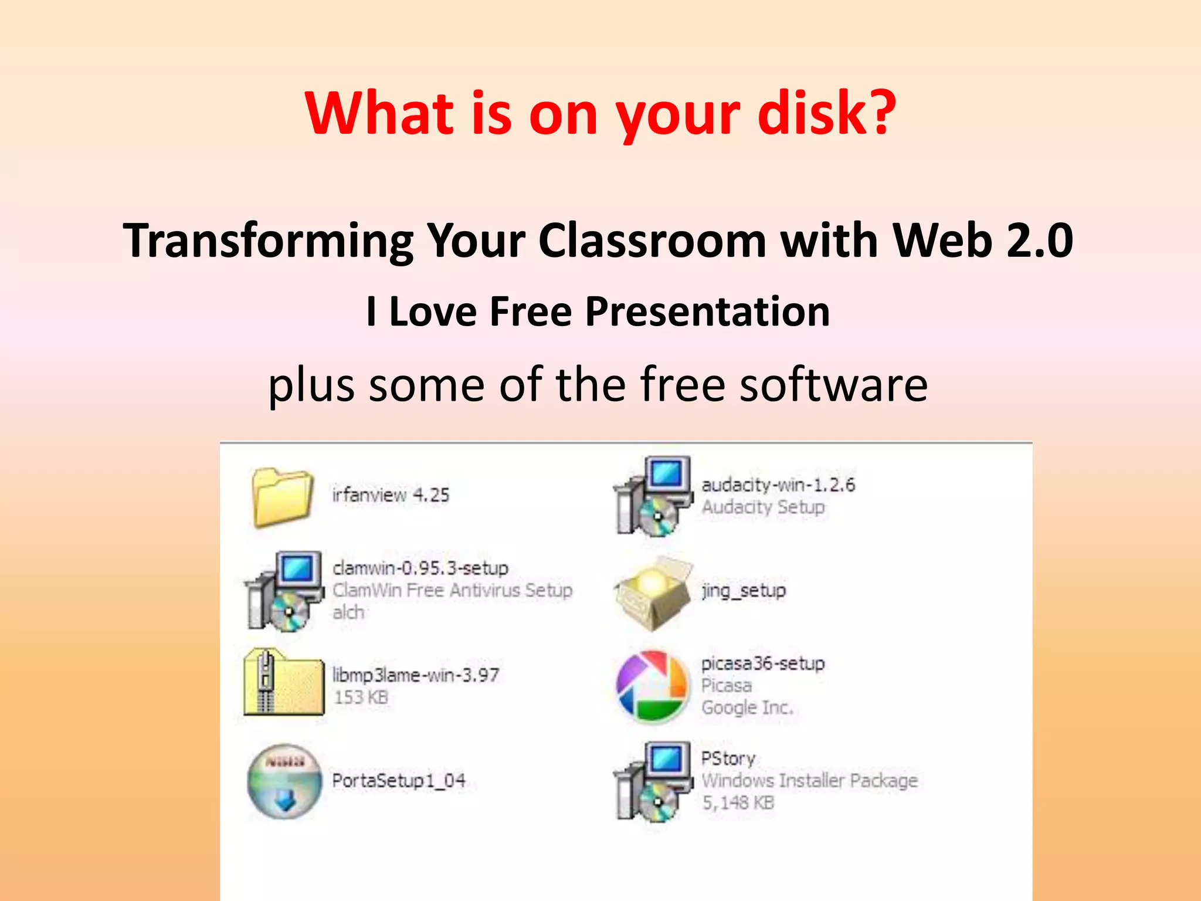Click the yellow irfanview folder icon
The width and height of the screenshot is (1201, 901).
point(282,496)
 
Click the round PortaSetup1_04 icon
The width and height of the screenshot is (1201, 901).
point(284,781)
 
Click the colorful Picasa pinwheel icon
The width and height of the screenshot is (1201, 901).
point(652,686)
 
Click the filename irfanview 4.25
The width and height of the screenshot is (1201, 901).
point(391,495)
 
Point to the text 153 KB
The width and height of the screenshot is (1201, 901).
point(361,697)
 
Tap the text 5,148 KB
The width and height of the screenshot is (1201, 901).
point(738,802)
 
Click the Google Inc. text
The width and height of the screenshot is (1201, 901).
point(747,707)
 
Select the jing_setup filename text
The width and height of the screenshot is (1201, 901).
point(744,591)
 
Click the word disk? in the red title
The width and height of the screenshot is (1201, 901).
point(827,114)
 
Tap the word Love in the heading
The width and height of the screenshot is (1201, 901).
point(433,311)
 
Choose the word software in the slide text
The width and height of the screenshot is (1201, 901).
point(833,385)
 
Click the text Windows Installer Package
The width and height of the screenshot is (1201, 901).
point(809,781)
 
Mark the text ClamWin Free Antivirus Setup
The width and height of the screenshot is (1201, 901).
point(452,590)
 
